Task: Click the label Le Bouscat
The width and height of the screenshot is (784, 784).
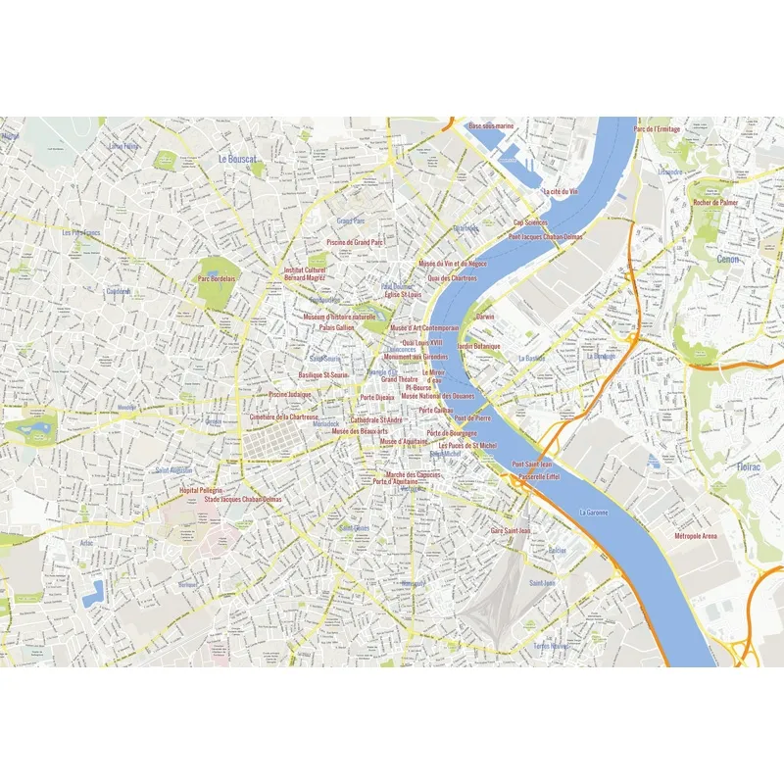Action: click(237, 158)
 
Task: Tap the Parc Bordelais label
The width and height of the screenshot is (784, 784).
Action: click(217, 278)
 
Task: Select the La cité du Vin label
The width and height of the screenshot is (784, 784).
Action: click(561, 192)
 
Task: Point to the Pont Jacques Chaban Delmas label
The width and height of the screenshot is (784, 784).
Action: click(545, 236)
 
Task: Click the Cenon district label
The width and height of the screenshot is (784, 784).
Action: click(728, 260)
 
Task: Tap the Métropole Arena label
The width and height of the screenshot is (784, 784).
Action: click(696, 536)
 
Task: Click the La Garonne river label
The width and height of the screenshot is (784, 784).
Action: click(594, 512)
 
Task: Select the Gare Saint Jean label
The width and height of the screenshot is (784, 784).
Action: click(511, 530)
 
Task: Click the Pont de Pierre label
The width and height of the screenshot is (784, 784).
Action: click(472, 418)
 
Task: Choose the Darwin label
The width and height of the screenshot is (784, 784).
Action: click(485, 317)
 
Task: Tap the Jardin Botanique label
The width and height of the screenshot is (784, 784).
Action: click(478, 346)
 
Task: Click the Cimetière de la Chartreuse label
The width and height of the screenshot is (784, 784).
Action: click(284, 416)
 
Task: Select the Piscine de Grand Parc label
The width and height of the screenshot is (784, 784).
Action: click(355, 241)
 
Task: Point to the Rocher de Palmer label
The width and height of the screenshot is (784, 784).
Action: click(715, 202)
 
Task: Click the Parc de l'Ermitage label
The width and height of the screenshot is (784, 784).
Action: click(657, 129)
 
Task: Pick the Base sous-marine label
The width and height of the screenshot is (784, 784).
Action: click(491, 126)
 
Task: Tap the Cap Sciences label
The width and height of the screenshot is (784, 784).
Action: click(530, 222)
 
